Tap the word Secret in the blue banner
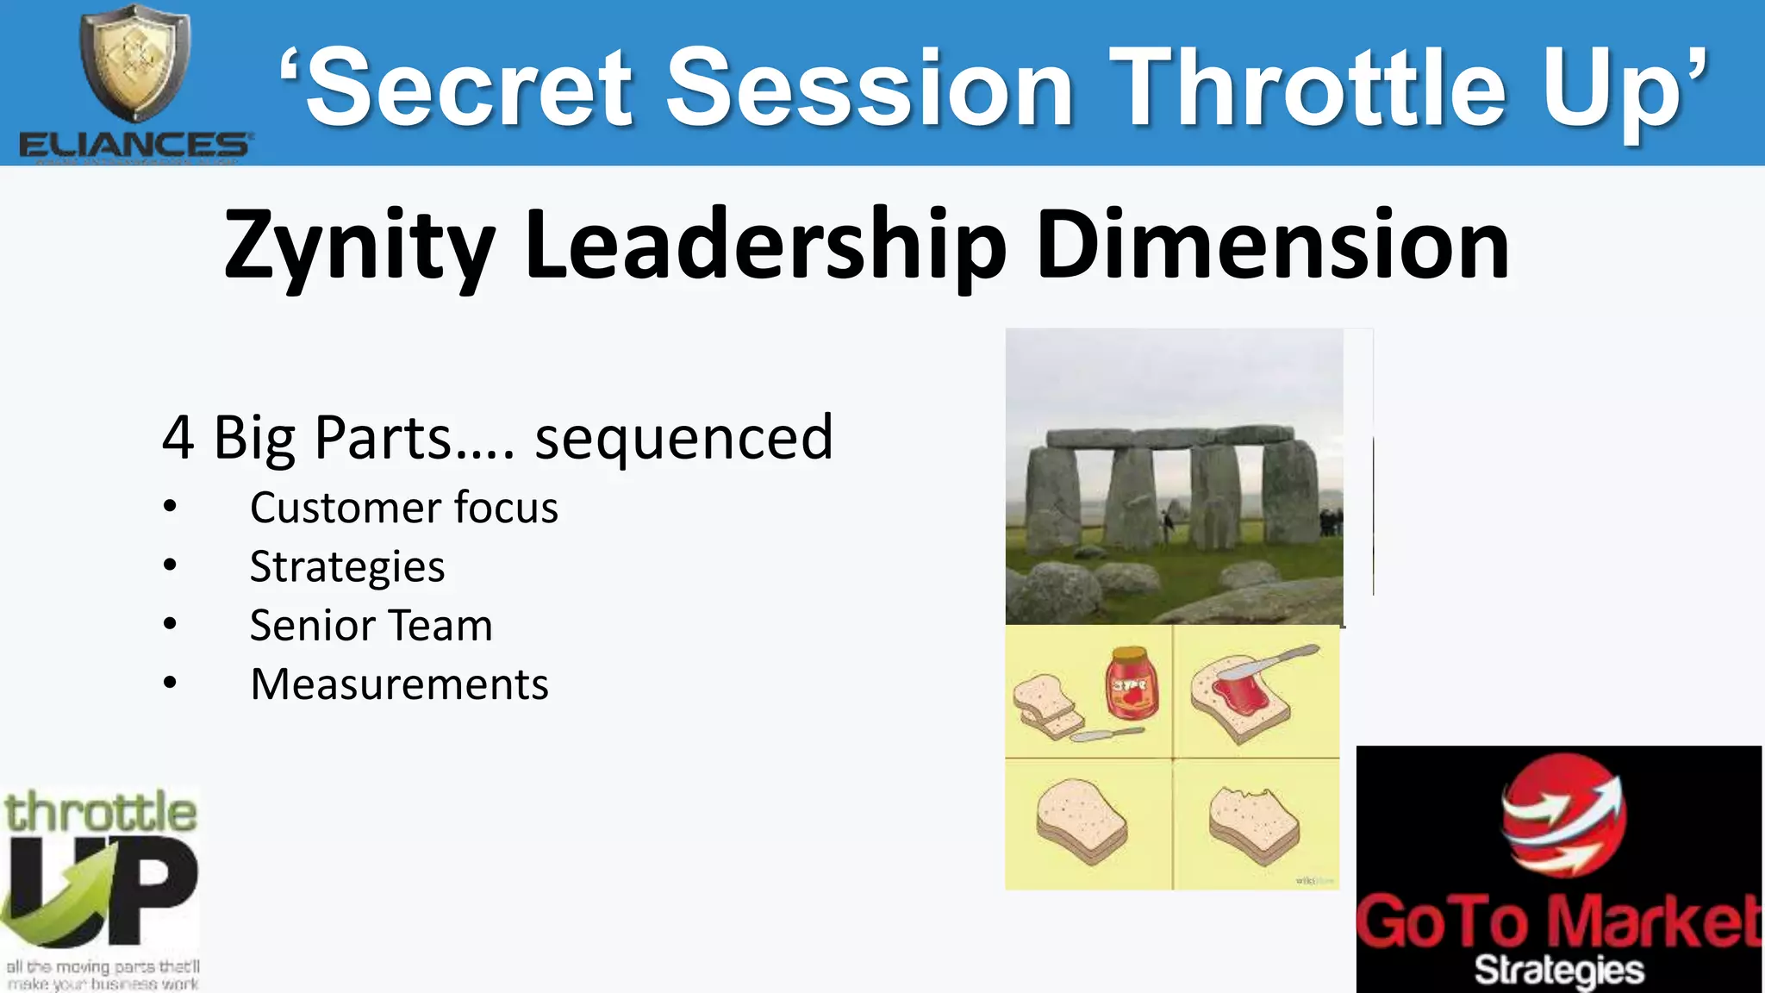470,88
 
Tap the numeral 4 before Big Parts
178,438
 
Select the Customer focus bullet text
403,508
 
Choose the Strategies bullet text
347,567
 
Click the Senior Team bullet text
371,626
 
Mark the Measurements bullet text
399,685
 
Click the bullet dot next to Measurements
170,684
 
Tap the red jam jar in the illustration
1131,684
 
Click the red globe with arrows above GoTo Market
1562,815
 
